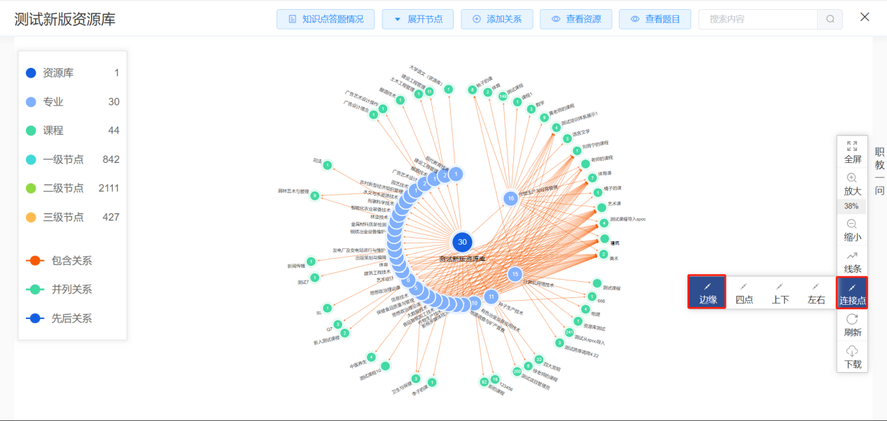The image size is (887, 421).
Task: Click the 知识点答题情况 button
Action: (x=326, y=19)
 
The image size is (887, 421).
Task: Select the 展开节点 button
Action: (x=418, y=19)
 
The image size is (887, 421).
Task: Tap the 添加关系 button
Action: (x=497, y=19)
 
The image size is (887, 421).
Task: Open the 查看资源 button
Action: (x=576, y=19)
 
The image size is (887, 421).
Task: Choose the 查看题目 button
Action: (x=655, y=19)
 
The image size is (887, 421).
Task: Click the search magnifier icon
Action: (x=830, y=19)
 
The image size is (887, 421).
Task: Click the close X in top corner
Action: (x=865, y=17)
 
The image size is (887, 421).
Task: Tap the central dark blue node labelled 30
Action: (x=462, y=242)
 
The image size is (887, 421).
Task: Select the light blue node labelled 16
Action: (x=511, y=199)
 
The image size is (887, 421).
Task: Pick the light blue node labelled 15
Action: (x=515, y=274)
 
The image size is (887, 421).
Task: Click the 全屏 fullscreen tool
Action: (x=852, y=152)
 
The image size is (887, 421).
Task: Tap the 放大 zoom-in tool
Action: (x=852, y=184)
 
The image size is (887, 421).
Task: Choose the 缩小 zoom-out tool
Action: (x=852, y=229)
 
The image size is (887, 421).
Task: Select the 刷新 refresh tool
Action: (x=852, y=325)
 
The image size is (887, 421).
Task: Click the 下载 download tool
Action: (x=852, y=357)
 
